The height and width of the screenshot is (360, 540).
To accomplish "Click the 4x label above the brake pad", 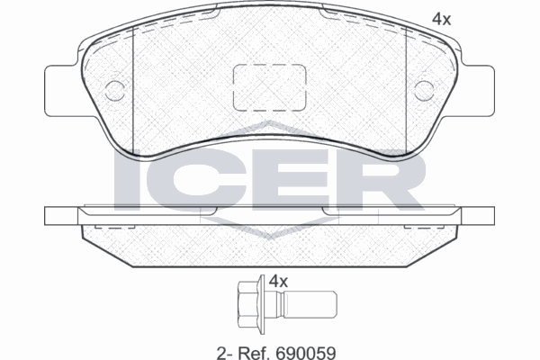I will [x=441, y=17].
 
